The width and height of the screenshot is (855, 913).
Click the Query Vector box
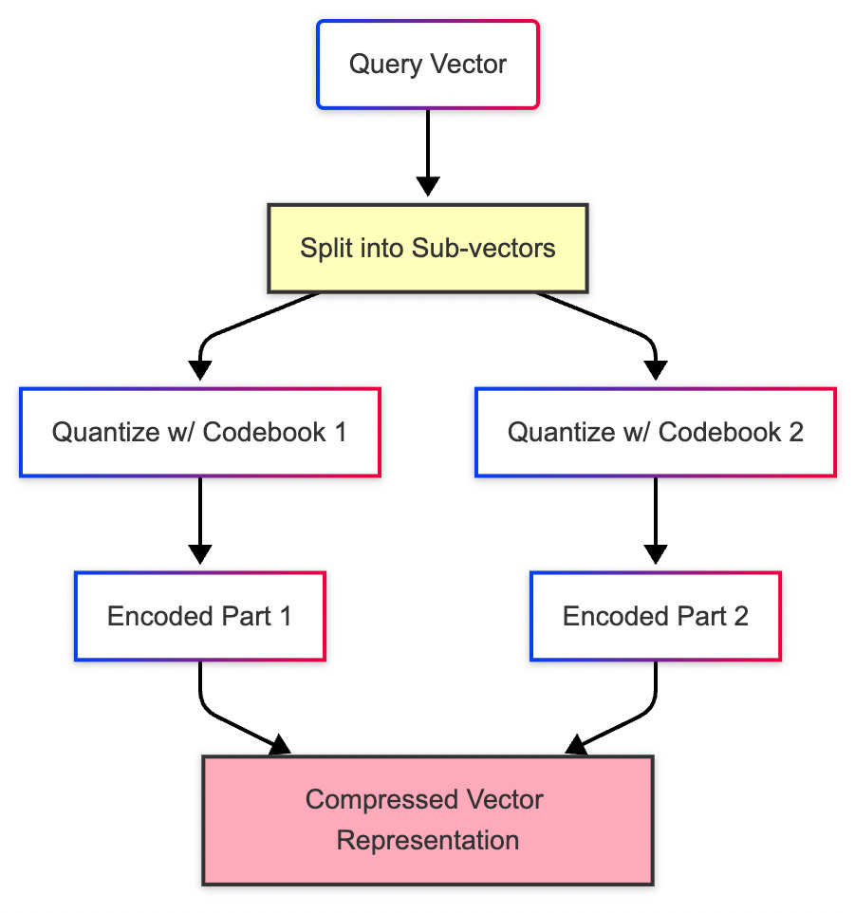click(x=427, y=65)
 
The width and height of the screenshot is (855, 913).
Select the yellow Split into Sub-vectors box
click(x=427, y=249)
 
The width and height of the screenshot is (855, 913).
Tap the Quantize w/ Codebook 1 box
click(x=199, y=432)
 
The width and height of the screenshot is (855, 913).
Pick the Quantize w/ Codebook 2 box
click(x=655, y=432)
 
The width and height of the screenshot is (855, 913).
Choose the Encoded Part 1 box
click(x=199, y=616)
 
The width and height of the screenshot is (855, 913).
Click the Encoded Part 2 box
click(x=655, y=616)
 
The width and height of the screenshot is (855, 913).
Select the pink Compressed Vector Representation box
click(x=427, y=820)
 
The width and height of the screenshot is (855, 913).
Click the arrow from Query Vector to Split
click(x=427, y=152)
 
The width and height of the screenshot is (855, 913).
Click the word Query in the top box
click(x=379, y=65)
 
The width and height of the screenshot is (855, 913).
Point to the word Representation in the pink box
click(x=427, y=841)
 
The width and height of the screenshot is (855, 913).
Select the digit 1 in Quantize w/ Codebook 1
click(x=339, y=432)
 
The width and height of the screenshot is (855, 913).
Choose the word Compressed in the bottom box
click(x=377, y=799)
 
